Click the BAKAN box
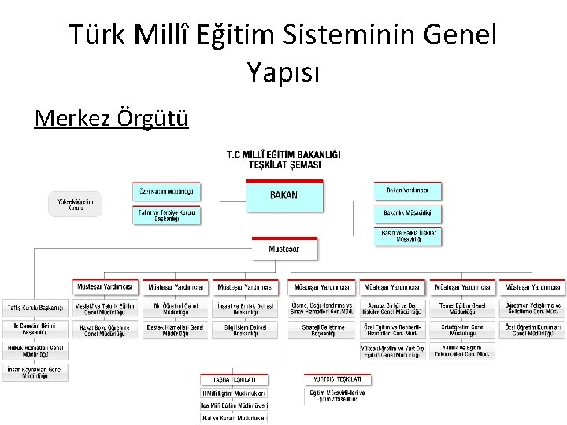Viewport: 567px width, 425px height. click(x=284, y=196)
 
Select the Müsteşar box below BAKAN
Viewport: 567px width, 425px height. click(x=284, y=249)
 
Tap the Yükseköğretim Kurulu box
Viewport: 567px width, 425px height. click(x=76, y=205)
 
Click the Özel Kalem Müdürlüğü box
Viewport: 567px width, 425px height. click(x=165, y=191)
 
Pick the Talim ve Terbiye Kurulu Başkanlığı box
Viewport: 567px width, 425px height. click(x=165, y=215)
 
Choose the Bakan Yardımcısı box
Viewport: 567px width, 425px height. click(x=407, y=190)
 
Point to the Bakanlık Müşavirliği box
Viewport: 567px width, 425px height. click(x=407, y=213)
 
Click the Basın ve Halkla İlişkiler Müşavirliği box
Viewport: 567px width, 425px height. click(x=407, y=236)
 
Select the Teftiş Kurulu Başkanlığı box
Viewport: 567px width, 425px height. click(x=35, y=308)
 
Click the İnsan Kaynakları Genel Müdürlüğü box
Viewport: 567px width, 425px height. click(x=35, y=372)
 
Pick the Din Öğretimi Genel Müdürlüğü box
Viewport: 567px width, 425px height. click(x=176, y=308)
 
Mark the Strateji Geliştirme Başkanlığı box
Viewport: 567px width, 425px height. click(x=323, y=329)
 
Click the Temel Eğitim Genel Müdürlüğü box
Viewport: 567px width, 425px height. click(x=462, y=308)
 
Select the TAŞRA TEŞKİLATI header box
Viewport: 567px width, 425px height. click(x=234, y=379)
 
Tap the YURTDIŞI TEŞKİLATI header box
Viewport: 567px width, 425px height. click(x=335, y=379)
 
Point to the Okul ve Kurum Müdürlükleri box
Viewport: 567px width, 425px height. click(x=234, y=418)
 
